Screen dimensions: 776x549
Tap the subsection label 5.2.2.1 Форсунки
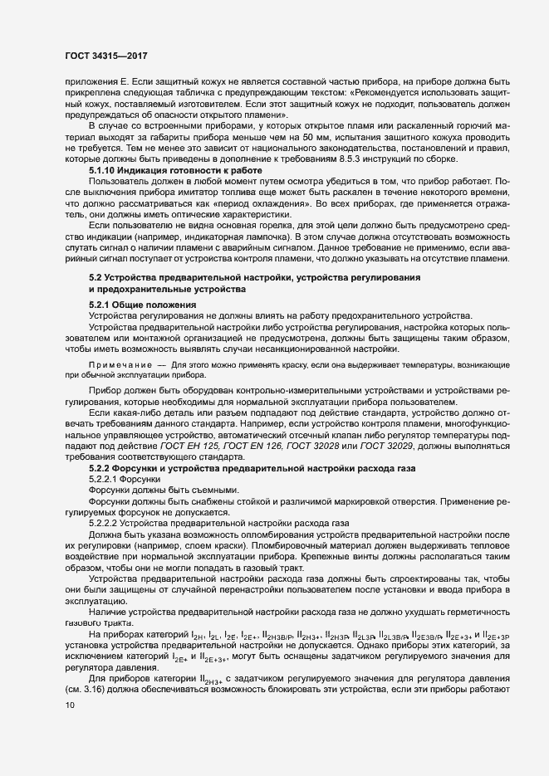pyautogui.click(x=122, y=479)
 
